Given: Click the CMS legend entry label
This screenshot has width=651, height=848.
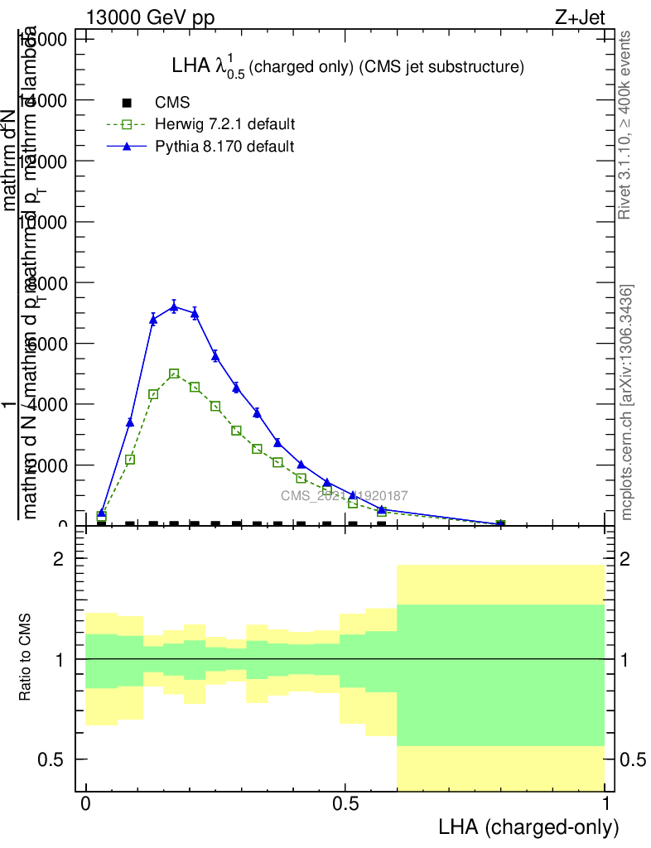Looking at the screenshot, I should [x=172, y=103].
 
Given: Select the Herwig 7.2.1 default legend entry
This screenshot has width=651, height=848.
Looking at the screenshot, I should [x=224, y=124].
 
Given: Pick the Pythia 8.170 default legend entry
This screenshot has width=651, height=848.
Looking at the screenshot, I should [x=224, y=147].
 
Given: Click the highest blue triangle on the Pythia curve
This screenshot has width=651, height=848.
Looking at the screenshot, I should [x=174, y=307].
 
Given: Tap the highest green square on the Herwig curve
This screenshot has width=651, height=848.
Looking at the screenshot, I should [x=174, y=374].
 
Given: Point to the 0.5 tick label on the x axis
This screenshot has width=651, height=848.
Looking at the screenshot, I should [x=345, y=804].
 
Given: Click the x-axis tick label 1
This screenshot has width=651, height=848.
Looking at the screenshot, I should [x=606, y=804].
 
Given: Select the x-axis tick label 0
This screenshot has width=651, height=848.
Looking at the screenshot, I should [x=85, y=804].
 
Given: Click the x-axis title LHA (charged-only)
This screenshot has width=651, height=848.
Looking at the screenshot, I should [x=528, y=826].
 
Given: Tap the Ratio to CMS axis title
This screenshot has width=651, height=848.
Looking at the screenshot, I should [x=26, y=658].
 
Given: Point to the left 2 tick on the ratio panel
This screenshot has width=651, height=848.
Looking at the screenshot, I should [x=59, y=559].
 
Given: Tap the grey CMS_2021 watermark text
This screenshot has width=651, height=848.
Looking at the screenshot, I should [x=344, y=496].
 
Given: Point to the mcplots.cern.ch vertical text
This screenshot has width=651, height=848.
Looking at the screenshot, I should [x=627, y=402].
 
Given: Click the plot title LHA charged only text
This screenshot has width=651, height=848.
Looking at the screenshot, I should [x=347, y=67].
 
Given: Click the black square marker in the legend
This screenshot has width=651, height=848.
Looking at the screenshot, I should [x=127, y=103].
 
